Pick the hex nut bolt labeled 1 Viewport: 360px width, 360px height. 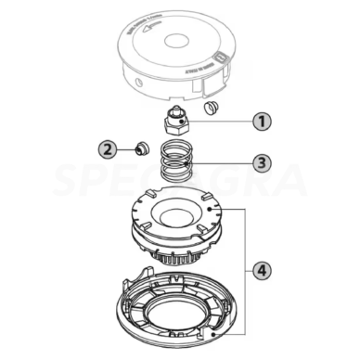(174, 122)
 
